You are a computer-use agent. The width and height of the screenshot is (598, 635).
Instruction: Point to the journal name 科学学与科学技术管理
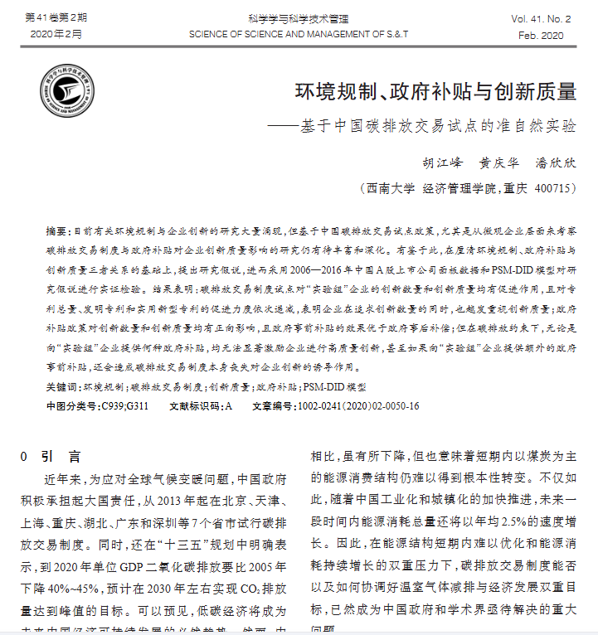click(298, 17)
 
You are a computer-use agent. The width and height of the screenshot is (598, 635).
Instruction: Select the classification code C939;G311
click(124, 406)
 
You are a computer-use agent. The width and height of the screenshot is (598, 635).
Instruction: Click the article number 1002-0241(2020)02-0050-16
click(357, 406)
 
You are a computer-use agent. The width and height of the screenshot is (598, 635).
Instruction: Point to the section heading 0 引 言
click(51, 456)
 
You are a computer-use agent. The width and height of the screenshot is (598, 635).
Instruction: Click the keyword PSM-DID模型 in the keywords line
click(333, 386)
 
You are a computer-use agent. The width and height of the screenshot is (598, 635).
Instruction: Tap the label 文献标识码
click(195, 406)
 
